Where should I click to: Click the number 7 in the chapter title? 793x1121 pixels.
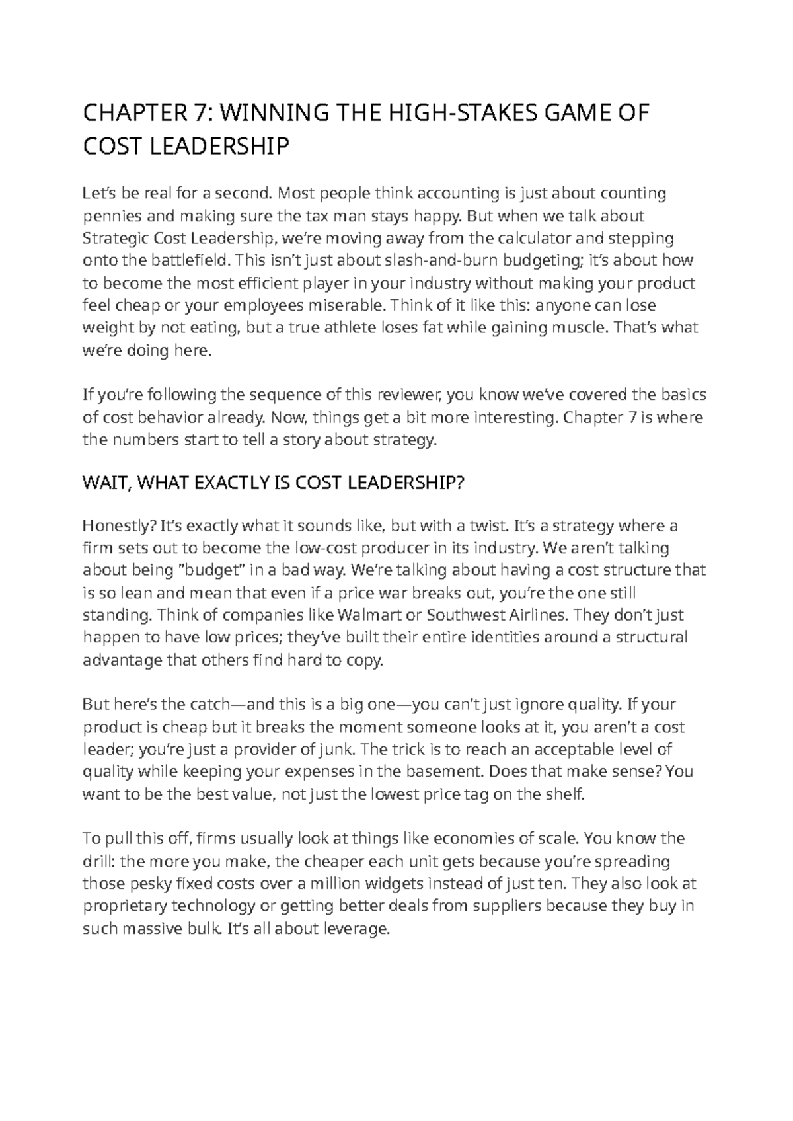click(195, 114)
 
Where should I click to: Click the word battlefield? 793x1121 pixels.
click(186, 260)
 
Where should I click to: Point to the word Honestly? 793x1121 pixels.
click(118, 526)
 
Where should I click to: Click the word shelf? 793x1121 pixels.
click(568, 794)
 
